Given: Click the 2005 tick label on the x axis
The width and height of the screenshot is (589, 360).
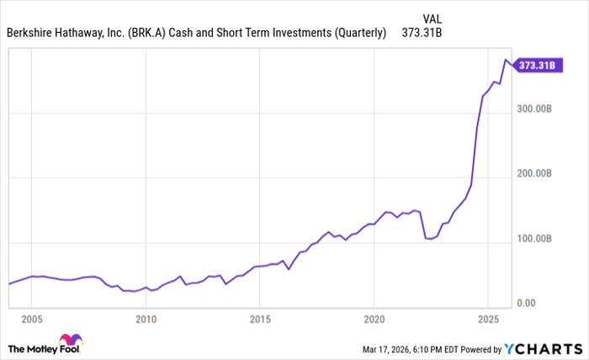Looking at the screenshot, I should click(x=32, y=319).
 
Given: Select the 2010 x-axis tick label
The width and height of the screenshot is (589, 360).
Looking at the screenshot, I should click(x=146, y=319).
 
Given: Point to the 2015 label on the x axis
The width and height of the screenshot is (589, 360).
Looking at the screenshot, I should click(x=260, y=319).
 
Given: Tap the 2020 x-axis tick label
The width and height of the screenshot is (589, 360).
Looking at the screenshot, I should click(x=374, y=319).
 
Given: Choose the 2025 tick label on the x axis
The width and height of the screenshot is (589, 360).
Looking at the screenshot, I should click(x=489, y=319).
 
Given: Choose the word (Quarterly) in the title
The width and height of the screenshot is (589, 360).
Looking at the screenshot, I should click(x=358, y=34).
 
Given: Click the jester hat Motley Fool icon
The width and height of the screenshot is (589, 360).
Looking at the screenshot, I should click(x=72, y=343).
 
